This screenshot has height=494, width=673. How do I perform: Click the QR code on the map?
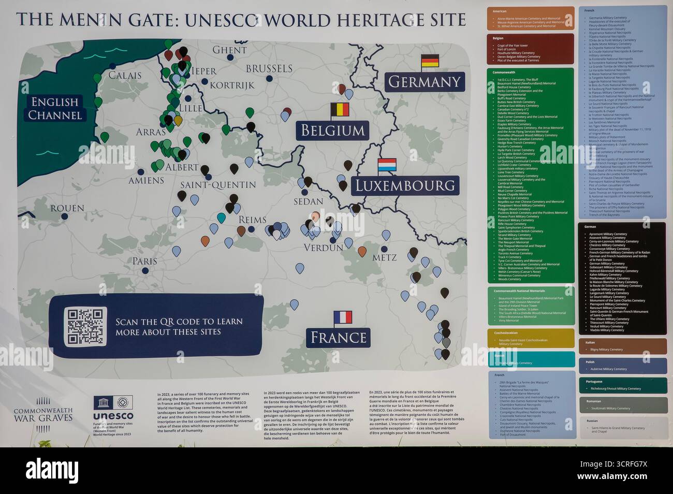coord(85,326)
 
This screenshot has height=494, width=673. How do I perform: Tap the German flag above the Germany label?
coord(430,62)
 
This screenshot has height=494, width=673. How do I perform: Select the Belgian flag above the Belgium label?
coord(340,110)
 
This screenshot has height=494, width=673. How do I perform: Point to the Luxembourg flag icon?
coord(387,165)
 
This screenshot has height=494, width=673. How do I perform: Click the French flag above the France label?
coord(343,317)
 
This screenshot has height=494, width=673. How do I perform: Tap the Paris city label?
coord(144,261)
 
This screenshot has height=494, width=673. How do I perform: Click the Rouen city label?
coord(67,208)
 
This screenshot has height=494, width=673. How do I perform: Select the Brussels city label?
coord(269,68)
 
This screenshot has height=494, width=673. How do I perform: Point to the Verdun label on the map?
coord(324,248)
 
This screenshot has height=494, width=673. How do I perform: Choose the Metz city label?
coord(385,257)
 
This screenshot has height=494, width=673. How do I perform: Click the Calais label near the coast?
coord(125,75)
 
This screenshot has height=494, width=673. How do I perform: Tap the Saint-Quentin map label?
coord(218,185)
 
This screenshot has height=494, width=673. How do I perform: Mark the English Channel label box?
coord(55,108)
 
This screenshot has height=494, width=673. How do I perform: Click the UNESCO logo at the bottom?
coord(113,409)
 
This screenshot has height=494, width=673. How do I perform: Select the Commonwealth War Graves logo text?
coord(43,414)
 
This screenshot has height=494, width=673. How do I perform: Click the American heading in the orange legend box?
coord(500,11)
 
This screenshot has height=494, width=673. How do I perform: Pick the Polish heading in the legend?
coord(590,362)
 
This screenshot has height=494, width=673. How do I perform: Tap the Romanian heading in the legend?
coord(594,401)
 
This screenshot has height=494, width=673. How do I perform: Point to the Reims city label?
coord(252,220)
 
